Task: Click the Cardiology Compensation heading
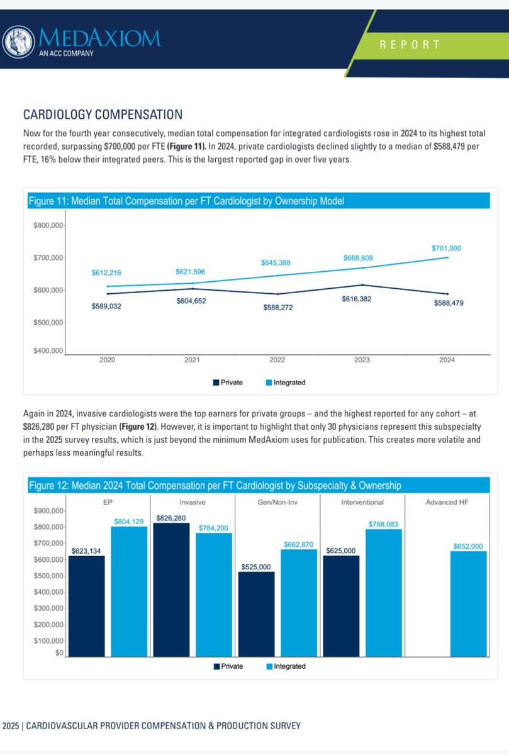(103, 115)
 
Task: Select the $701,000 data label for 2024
(447, 249)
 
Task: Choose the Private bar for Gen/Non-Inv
(256, 614)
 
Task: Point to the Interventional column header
(362, 503)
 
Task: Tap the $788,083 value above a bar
(384, 524)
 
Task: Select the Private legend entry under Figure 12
(228, 666)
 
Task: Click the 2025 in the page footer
(10, 725)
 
